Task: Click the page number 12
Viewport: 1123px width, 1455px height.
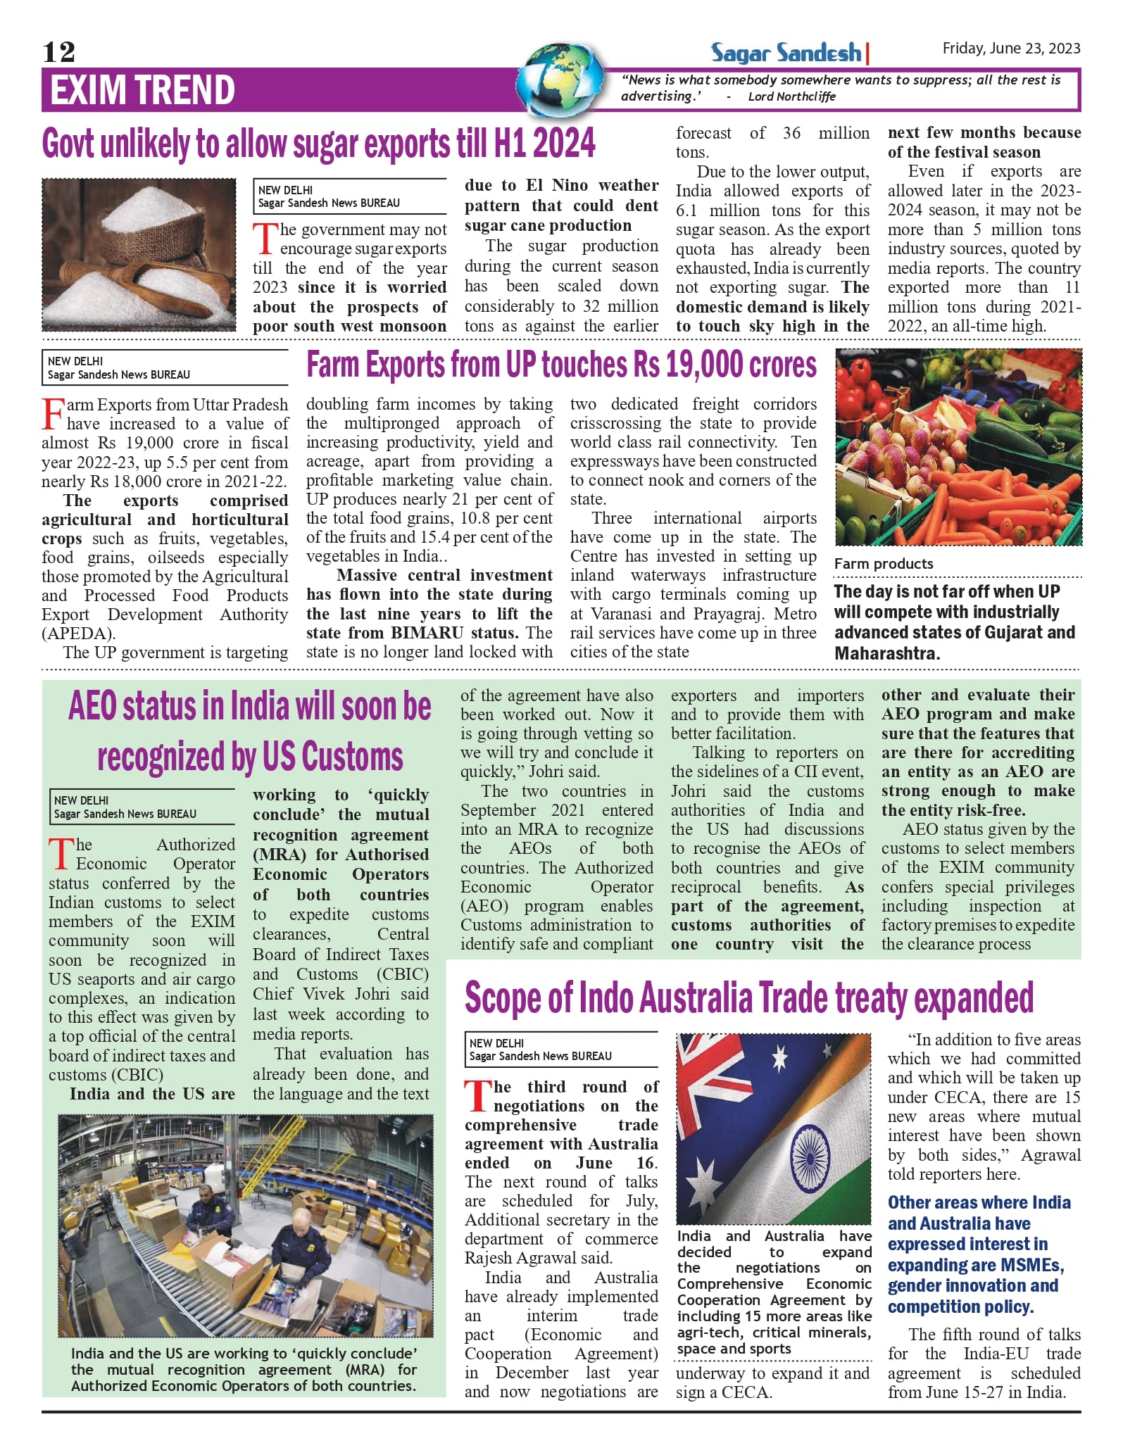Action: pos(58,52)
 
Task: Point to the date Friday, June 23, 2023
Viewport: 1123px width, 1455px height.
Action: pos(1011,49)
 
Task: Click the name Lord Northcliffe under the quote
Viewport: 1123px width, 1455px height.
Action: pos(791,96)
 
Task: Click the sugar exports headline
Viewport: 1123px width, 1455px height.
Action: pos(319,144)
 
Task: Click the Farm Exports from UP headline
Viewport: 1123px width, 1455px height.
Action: pos(561,365)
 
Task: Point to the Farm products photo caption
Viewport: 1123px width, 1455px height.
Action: pos(884,564)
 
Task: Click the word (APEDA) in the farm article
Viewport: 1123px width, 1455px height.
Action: pos(78,634)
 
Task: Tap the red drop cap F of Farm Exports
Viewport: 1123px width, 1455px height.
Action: pos(53,413)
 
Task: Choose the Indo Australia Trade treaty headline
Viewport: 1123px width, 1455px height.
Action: pos(748,998)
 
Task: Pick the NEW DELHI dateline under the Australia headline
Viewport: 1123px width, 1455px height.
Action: pos(496,1043)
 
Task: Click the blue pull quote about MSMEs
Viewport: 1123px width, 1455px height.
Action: pos(979,1254)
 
